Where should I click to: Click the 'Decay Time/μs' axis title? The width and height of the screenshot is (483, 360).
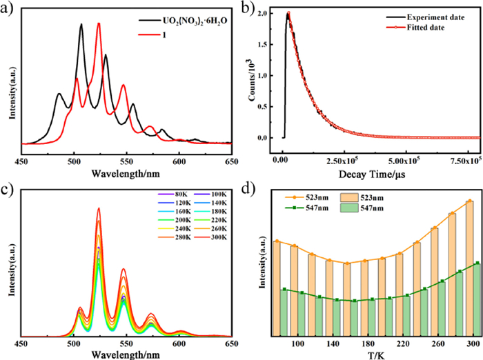coord(377,173)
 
